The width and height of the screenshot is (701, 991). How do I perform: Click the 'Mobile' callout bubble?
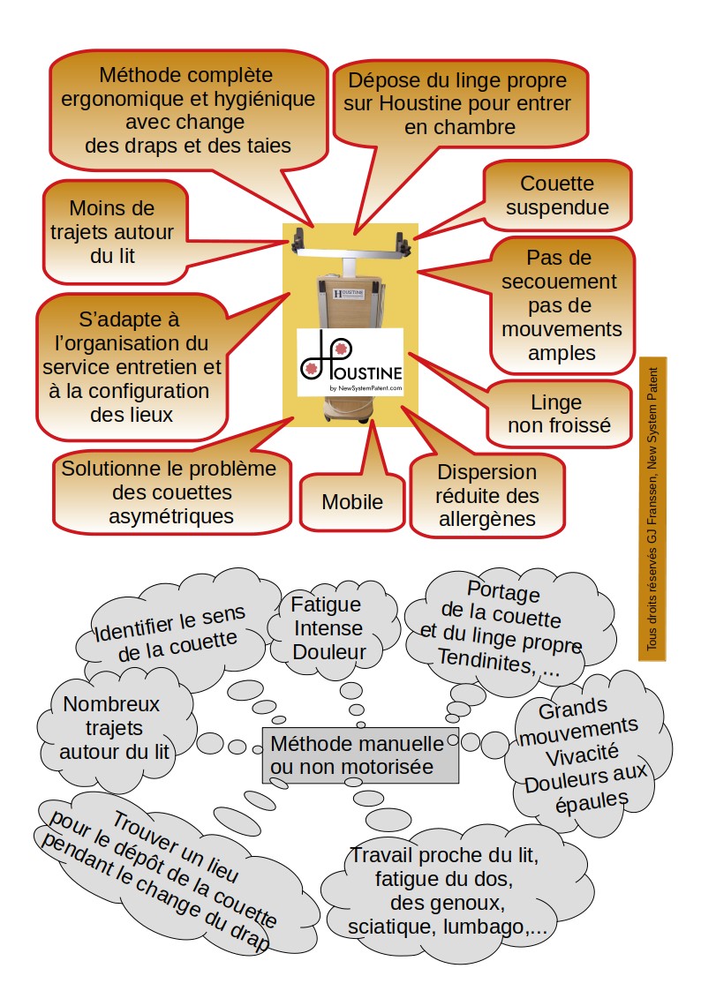coord(352,502)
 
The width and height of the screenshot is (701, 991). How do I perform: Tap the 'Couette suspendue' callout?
coord(557,195)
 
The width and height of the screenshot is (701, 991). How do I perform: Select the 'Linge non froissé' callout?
coord(559,414)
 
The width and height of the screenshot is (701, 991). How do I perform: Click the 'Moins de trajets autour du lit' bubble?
coord(115,232)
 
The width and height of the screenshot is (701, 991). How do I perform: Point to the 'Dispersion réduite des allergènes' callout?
coord(486,496)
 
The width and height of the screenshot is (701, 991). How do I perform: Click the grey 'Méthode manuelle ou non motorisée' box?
coord(360,755)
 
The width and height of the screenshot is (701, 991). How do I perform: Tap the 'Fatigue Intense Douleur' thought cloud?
coord(329,628)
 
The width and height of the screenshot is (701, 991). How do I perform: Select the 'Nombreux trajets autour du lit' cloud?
coord(114,728)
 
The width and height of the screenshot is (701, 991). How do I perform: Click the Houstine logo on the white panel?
coord(350,362)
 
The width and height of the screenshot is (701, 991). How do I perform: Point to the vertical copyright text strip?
coord(652,509)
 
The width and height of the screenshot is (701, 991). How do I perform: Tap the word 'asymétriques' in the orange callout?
coord(171,516)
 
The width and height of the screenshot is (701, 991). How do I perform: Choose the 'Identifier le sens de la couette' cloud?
coord(170,632)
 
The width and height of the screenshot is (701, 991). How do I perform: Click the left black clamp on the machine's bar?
coord(298,238)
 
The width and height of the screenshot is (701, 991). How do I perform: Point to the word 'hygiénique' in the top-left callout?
coord(265,99)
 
